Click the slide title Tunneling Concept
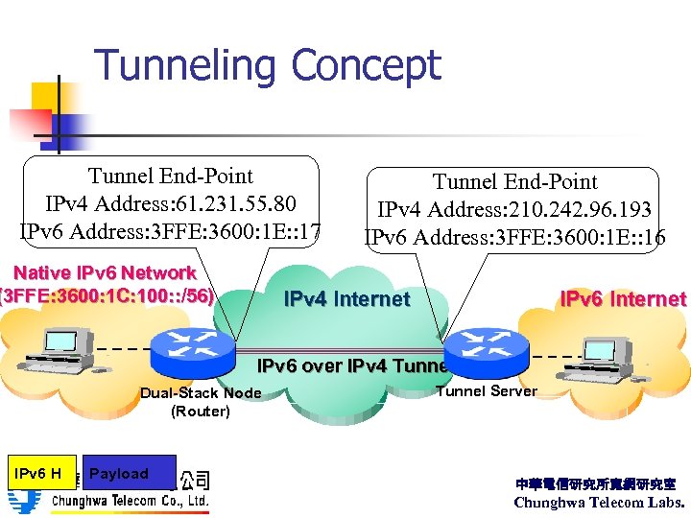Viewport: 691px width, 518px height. (268, 66)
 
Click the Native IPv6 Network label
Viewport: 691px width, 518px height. (105, 273)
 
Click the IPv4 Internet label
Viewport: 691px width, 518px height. (346, 298)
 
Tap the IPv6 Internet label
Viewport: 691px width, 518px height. (623, 298)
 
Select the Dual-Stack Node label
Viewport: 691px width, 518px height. (201, 392)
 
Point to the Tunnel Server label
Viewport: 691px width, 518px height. (487, 390)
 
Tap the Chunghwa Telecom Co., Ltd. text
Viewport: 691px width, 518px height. (130, 501)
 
